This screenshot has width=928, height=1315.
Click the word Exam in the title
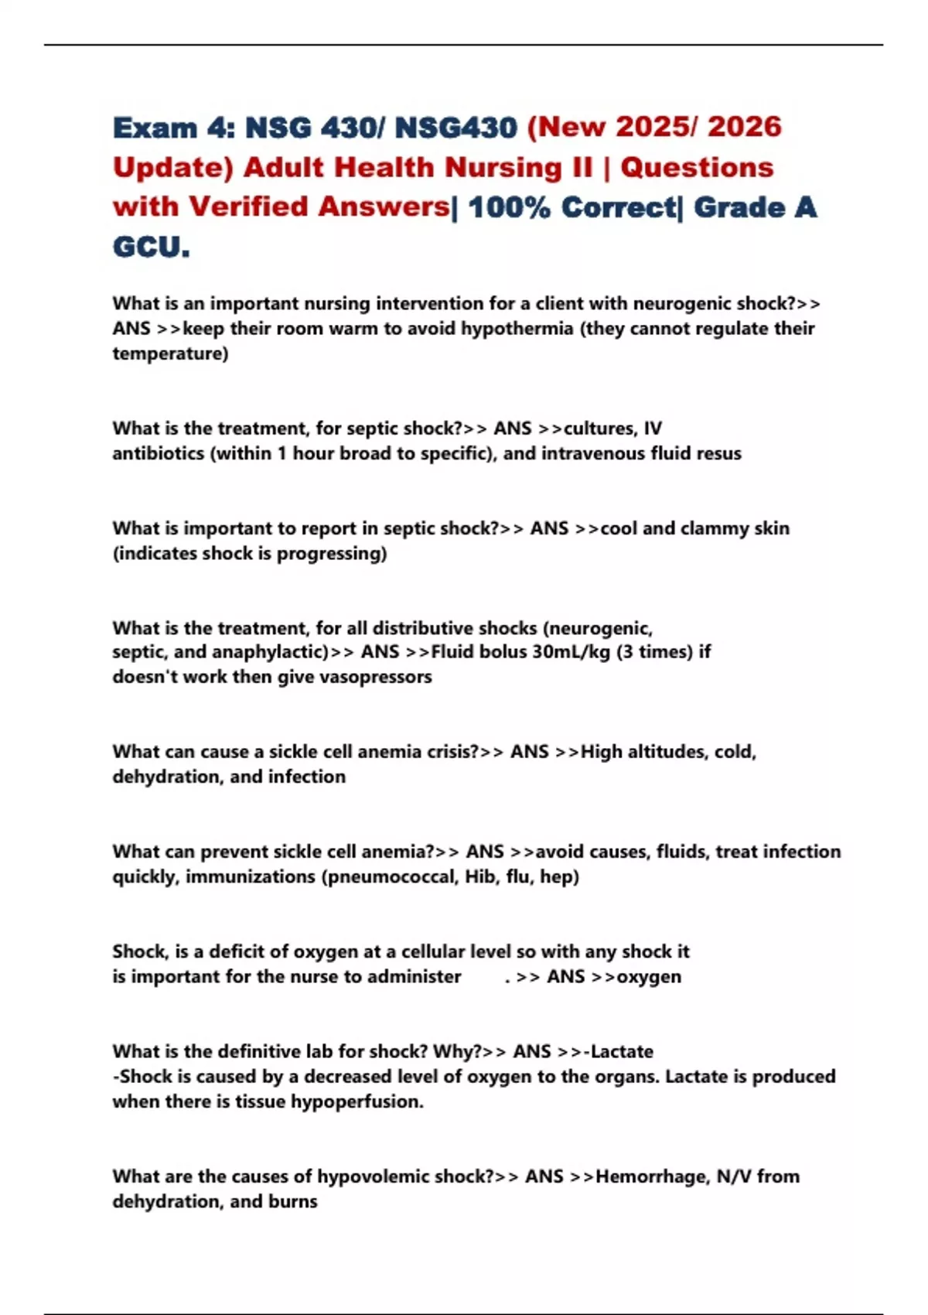coord(155,128)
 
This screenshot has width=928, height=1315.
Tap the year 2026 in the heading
coord(744,127)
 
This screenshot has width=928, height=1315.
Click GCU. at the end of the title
coord(151,248)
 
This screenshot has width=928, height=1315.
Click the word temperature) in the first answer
coord(170,354)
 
